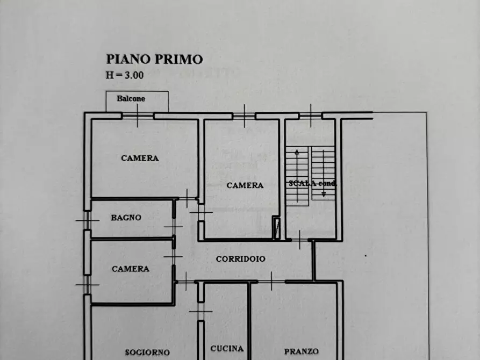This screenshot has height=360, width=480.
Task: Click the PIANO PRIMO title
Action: (154, 59)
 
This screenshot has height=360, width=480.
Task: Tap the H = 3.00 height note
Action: (125, 75)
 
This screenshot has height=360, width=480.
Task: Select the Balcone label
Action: (131, 99)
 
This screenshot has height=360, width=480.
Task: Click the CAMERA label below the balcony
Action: (140, 158)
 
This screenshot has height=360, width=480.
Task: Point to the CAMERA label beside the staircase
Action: (245, 185)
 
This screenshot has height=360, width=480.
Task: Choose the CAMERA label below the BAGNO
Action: (131, 269)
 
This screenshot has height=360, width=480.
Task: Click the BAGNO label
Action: (126, 218)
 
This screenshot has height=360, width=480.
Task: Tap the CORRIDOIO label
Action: (241, 258)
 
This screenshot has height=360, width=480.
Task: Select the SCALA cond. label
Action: (312, 183)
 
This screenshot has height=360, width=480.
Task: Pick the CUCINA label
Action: (227, 348)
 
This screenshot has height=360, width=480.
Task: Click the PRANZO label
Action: (302, 351)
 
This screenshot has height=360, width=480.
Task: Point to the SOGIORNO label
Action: (147, 352)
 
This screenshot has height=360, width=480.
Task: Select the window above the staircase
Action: (311, 114)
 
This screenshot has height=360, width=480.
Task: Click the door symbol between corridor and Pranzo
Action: (271, 281)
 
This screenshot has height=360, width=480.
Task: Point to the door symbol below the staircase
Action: (299, 239)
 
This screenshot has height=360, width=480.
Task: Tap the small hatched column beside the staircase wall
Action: (276, 227)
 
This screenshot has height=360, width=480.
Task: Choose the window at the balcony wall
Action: (138, 116)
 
